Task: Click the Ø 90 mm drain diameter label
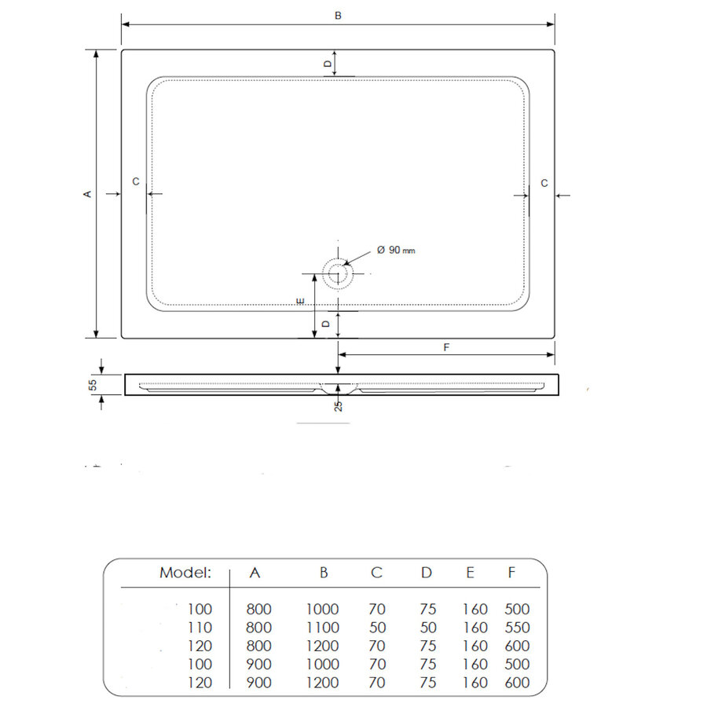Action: (x=395, y=250)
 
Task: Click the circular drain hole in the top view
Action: (x=338, y=274)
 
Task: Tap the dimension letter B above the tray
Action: (x=338, y=15)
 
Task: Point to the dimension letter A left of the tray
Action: (x=88, y=193)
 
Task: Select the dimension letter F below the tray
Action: (x=446, y=346)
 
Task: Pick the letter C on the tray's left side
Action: (x=135, y=181)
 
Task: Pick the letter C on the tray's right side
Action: (x=544, y=182)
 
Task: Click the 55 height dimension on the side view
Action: (x=92, y=384)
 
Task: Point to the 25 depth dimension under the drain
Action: (x=338, y=405)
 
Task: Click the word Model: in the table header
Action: (x=185, y=573)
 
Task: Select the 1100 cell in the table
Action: (x=322, y=628)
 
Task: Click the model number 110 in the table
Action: (x=200, y=628)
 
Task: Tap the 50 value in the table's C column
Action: (x=376, y=628)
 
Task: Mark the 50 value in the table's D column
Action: (x=426, y=628)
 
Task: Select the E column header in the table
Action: (x=470, y=573)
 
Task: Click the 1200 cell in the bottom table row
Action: (x=322, y=683)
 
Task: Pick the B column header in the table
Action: (x=323, y=573)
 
